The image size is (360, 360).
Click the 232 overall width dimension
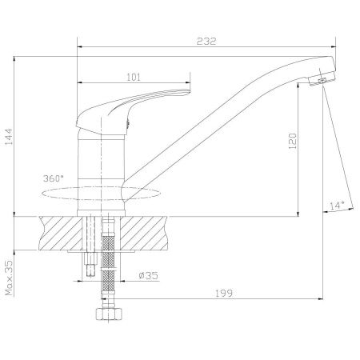tap(206, 42)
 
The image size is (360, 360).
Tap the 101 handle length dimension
tap(134, 77)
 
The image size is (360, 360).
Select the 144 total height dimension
tap(9, 137)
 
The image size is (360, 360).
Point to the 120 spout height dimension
tap(293, 141)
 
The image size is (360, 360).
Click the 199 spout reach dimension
tap(224, 293)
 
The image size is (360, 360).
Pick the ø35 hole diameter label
tap(149, 275)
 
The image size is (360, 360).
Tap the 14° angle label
tap(337, 206)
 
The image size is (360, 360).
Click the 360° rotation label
tap(54, 178)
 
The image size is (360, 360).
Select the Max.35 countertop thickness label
tap(9, 278)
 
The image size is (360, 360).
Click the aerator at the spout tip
tap(322, 79)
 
